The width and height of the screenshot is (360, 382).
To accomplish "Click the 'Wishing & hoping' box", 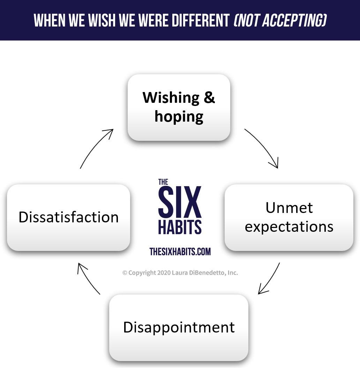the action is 179,107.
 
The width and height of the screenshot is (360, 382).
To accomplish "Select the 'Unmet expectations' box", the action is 289,217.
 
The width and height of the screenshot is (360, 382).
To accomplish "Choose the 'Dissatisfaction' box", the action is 68,217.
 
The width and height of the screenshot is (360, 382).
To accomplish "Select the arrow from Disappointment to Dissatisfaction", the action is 88,278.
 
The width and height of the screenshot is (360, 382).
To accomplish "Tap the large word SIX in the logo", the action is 180,202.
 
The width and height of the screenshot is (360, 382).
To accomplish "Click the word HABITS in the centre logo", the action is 180,227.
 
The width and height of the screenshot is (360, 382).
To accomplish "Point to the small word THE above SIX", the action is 163,182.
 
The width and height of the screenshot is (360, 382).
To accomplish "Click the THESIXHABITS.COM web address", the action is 180,251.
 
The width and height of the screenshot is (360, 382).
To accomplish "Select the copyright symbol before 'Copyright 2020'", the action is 125,273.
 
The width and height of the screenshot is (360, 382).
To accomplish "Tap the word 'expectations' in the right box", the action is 289,227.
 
